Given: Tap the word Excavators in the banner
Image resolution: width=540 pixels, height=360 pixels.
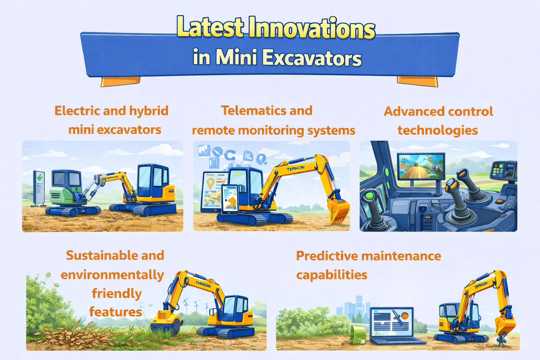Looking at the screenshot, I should pos(312,58).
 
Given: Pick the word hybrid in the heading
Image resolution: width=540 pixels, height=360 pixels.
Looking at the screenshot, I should pos(149,111).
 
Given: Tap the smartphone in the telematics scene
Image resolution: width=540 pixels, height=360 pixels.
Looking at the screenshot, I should pos(230,199).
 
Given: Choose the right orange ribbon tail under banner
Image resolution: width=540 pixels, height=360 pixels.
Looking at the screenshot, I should pos(418,81).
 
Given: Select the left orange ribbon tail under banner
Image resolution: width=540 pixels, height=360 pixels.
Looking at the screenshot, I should pos(120,81).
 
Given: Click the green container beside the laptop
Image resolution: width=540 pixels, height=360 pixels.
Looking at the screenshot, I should pos(359,334).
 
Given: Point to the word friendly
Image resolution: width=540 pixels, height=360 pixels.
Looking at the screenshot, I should pos(117,293).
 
